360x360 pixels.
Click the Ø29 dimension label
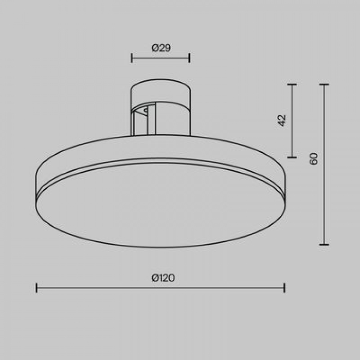pos(161,48)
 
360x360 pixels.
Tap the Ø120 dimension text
pos(163,278)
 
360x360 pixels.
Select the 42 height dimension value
pos(282,120)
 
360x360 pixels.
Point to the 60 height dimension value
pos(313,158)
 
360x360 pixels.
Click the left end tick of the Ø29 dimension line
pos(132,58)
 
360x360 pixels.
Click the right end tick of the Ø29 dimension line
pos(189,58)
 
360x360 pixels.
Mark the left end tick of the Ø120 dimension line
pos(37,288)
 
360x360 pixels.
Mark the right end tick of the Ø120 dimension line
pos(284,288)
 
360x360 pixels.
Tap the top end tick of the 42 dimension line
pos(292,84)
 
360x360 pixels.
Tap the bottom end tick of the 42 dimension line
pos(292,157)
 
